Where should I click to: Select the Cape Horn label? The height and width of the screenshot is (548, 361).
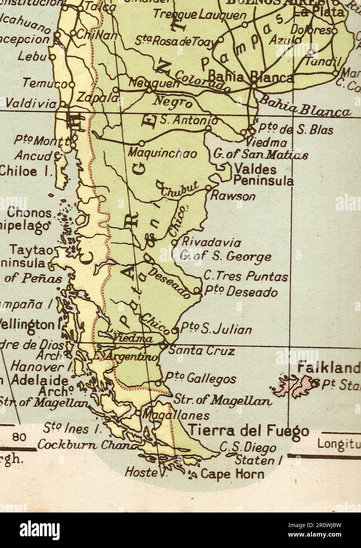pyautogui.click(x=232, y=473)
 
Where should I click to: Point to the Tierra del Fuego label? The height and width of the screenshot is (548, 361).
pyautogui.click(x=248, y=431)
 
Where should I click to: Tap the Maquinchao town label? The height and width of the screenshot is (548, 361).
pyautogui.click(x=162, y=153)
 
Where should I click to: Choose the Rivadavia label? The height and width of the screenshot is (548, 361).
pyautogui.click(x=211, y=242)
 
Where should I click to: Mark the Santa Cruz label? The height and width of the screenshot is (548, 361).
pyautogui.click(x=202, y=350)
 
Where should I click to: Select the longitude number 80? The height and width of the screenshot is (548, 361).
pyautogui.click(x=19, y=437)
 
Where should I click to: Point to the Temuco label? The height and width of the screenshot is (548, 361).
pyautogui.click(x=45, y=84)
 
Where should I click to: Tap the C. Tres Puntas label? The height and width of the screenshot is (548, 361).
pyautogui.click(x=245, y=277)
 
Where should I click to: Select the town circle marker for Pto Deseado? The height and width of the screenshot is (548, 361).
pyautogui.click(x=197, y=291)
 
